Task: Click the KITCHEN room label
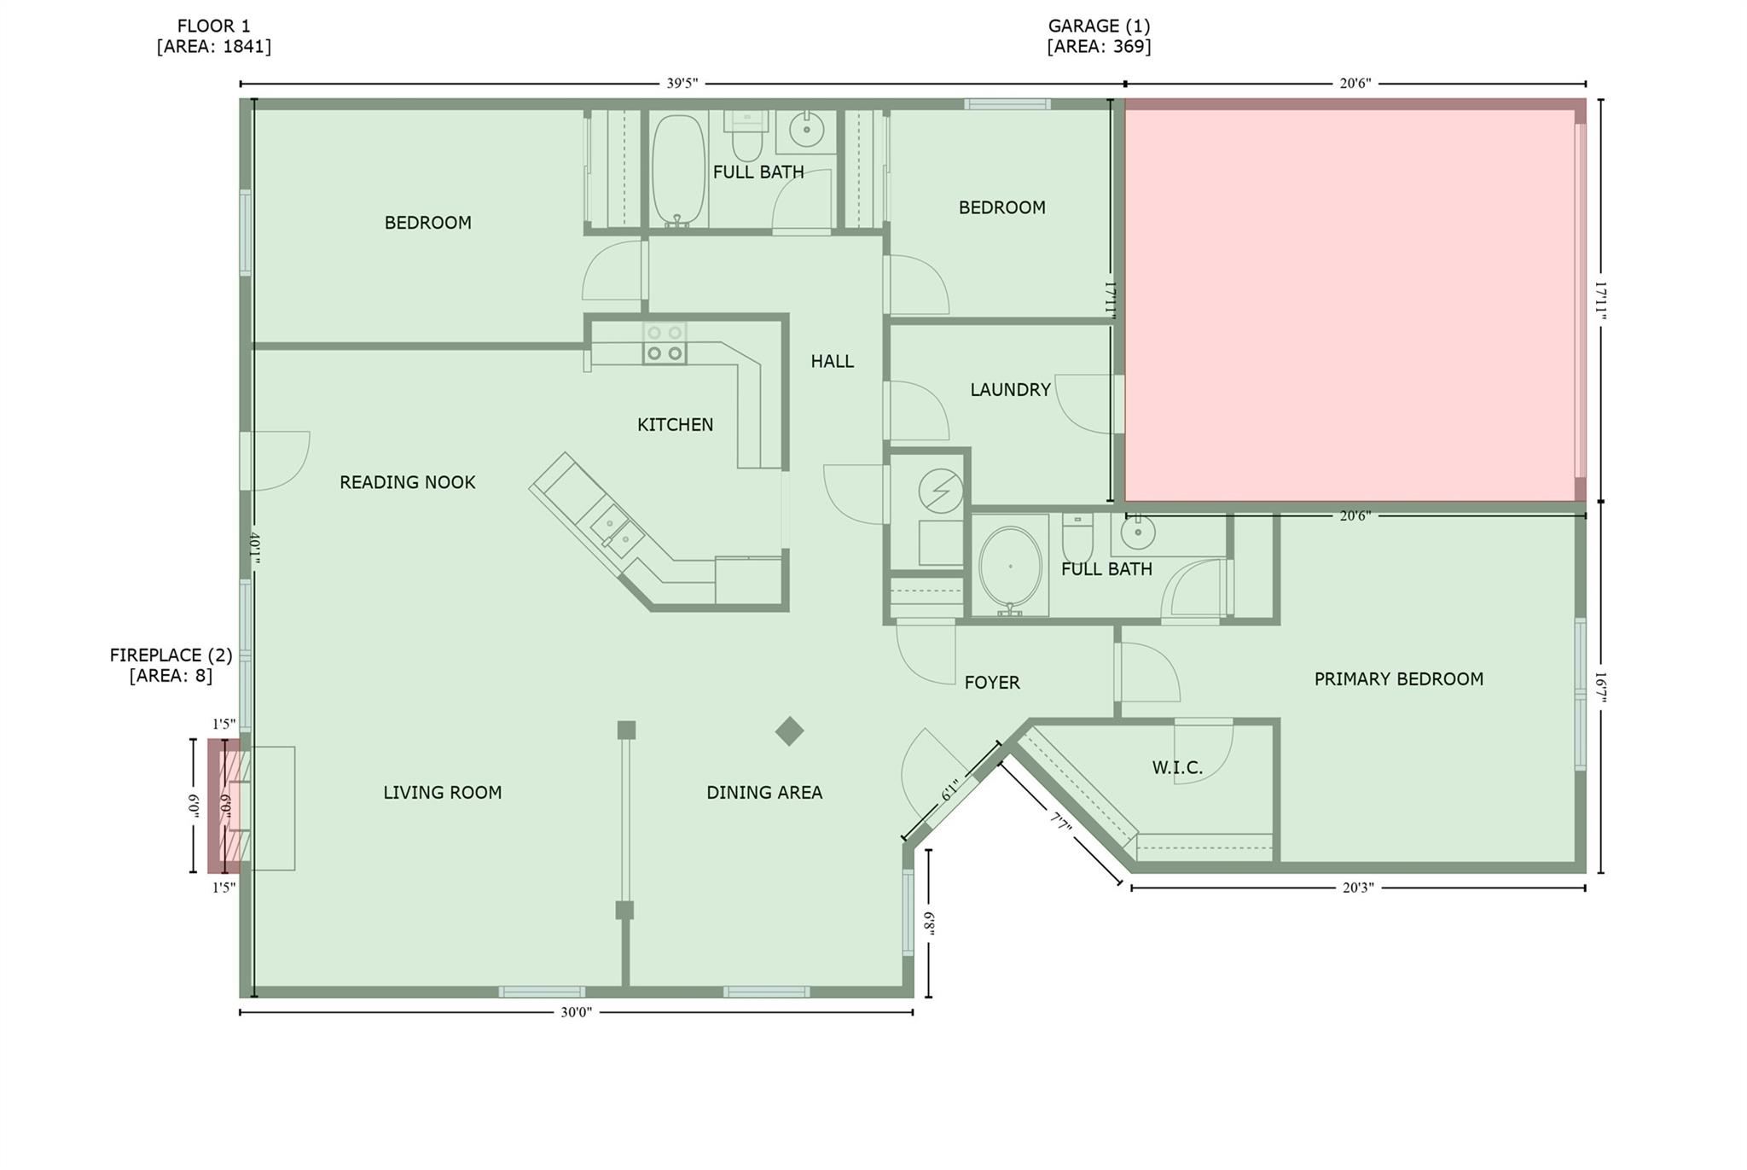point(675,424)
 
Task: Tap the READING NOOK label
point(407,482)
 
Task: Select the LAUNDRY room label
point(1010,389)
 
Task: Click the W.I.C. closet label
point(1177,767)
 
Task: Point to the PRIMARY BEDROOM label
point(1398,678)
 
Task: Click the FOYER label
point(992,682)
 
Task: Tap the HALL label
point(832,361)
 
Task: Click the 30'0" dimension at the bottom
point(576,1012)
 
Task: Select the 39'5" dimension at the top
point(682,84)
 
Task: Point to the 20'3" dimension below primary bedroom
point(1358,888)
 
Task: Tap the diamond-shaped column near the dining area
point(789,731)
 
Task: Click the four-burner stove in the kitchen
point(665,343)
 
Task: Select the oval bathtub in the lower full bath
point(1010,566)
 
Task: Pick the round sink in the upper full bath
point(805,131)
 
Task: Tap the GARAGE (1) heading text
point(1099,26)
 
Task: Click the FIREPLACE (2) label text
point(171,655)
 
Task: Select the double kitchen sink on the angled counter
point(618,529)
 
